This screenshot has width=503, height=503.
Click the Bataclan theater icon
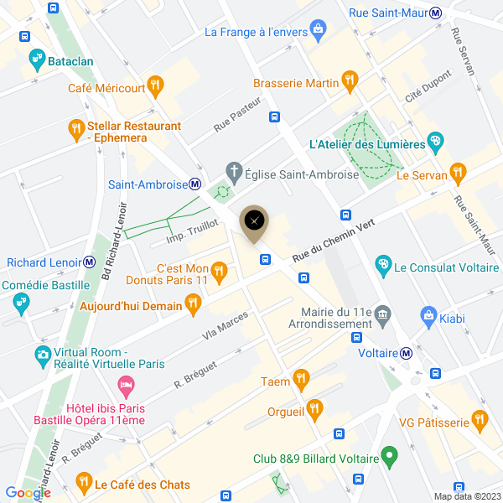[x=36, y=60]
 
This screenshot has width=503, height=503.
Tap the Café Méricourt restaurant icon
[x=154, y=84]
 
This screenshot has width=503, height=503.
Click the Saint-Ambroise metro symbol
[x=194, y=184]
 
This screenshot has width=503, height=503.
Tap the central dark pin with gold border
[x=255, y=221]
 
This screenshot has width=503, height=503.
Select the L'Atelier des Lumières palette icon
[x=435, y=140]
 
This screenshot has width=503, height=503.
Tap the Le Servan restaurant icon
[x=457, y=173]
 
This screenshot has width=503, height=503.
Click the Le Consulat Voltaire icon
[x=383, y=265]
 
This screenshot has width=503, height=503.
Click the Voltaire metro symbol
[x=406, y=353]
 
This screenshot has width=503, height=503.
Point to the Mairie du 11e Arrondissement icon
[x=383, y=315]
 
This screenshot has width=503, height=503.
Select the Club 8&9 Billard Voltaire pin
[x=388, y=456]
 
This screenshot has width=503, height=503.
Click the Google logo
[x=28, y=493]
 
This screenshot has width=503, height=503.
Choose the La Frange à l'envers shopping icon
[x=318, y=31]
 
